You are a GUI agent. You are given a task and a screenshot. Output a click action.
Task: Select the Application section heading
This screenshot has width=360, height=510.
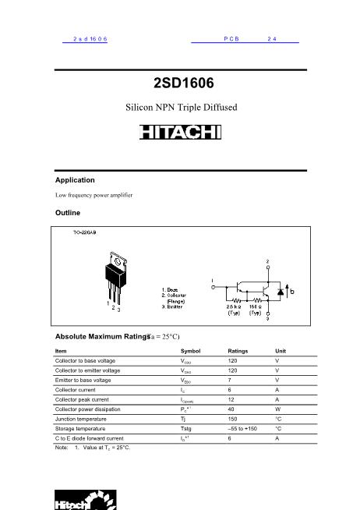75,180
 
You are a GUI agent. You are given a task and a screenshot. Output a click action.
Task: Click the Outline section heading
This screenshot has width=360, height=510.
68,212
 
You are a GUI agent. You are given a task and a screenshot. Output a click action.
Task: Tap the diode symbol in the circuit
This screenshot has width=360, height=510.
280,292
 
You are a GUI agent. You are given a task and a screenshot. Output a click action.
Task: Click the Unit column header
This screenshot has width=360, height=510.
281,351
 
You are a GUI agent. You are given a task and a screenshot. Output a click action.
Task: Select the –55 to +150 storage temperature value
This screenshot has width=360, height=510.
242,428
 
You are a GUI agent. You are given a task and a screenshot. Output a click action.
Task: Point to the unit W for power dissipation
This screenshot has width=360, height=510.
277,409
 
